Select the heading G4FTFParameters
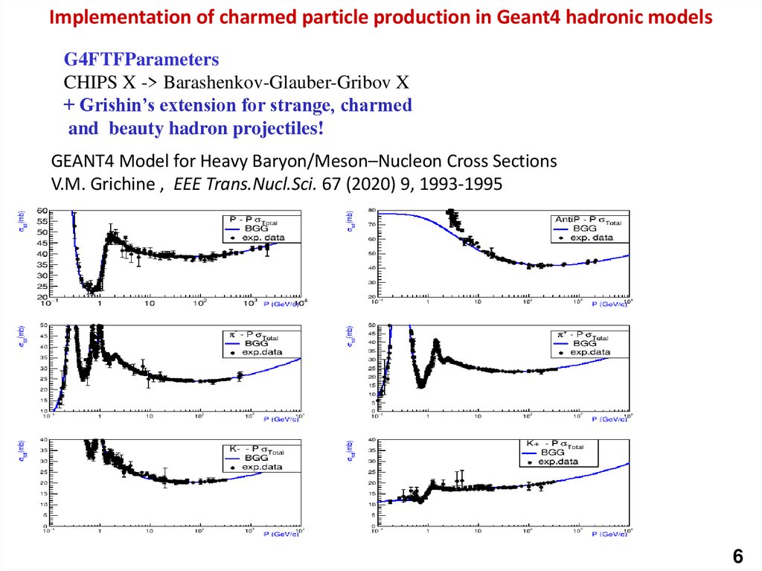141,60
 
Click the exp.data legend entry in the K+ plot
559,462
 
